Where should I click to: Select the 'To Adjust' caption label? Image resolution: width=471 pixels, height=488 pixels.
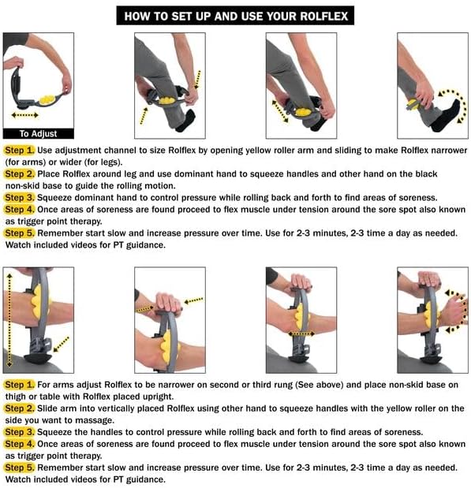point(38,133)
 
